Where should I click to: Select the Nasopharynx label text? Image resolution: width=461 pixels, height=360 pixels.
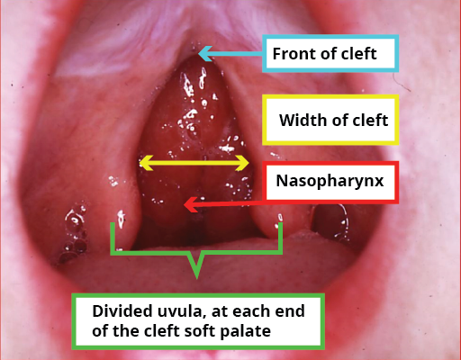(330, 181)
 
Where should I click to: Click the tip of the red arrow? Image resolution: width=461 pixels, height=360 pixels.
(185, 205)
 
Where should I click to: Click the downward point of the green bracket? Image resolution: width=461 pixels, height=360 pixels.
(197, 278)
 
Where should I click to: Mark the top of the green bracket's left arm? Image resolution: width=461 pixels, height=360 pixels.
(113, 223)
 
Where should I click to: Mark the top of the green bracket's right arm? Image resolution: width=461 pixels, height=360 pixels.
(280, 223)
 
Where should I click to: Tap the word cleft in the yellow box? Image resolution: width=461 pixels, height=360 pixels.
(370, 120)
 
